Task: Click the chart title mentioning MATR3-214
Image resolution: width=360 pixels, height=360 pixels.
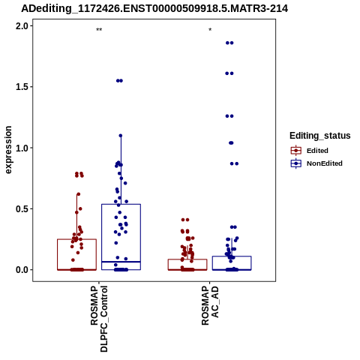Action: [x=154, y=9]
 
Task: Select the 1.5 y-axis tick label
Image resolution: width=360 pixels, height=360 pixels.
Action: [x=21, y=87]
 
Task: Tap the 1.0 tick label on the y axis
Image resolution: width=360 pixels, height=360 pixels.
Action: [x=21, y=148]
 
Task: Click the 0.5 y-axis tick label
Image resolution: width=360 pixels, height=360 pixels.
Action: [x=21, y=208]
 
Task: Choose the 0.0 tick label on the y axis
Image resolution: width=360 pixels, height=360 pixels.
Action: [x=21, y=270]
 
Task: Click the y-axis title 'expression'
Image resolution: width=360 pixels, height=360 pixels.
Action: [x=8, y=150]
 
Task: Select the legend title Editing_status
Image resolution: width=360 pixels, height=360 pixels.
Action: [x=320, y=136]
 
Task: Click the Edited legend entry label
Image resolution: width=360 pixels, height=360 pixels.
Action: [x=317, y=151]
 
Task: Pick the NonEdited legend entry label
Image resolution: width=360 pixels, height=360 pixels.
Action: [x=325, y=163]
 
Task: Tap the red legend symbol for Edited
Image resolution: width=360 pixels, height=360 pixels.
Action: [x=296, y=151]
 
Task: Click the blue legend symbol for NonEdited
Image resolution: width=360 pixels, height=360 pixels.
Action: [x=296, y=163]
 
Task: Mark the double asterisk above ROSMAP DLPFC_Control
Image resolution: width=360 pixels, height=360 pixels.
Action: [x=99, y=30]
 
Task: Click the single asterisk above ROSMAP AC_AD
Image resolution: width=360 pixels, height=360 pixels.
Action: [x=210, y=30]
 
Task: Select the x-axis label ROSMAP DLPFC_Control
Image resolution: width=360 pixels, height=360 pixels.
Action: [x=99, y=319]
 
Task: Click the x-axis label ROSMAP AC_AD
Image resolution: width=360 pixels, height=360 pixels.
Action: [x=210, y=305]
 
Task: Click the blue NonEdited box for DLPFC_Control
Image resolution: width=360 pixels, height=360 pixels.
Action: [x=121, y=204]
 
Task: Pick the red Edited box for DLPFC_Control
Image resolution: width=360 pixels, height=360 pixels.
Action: [x=76, y=239]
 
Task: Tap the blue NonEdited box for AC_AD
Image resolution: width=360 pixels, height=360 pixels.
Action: [x=232, y=256]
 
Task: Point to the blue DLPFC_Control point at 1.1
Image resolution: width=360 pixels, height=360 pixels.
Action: [x=121, y=136]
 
